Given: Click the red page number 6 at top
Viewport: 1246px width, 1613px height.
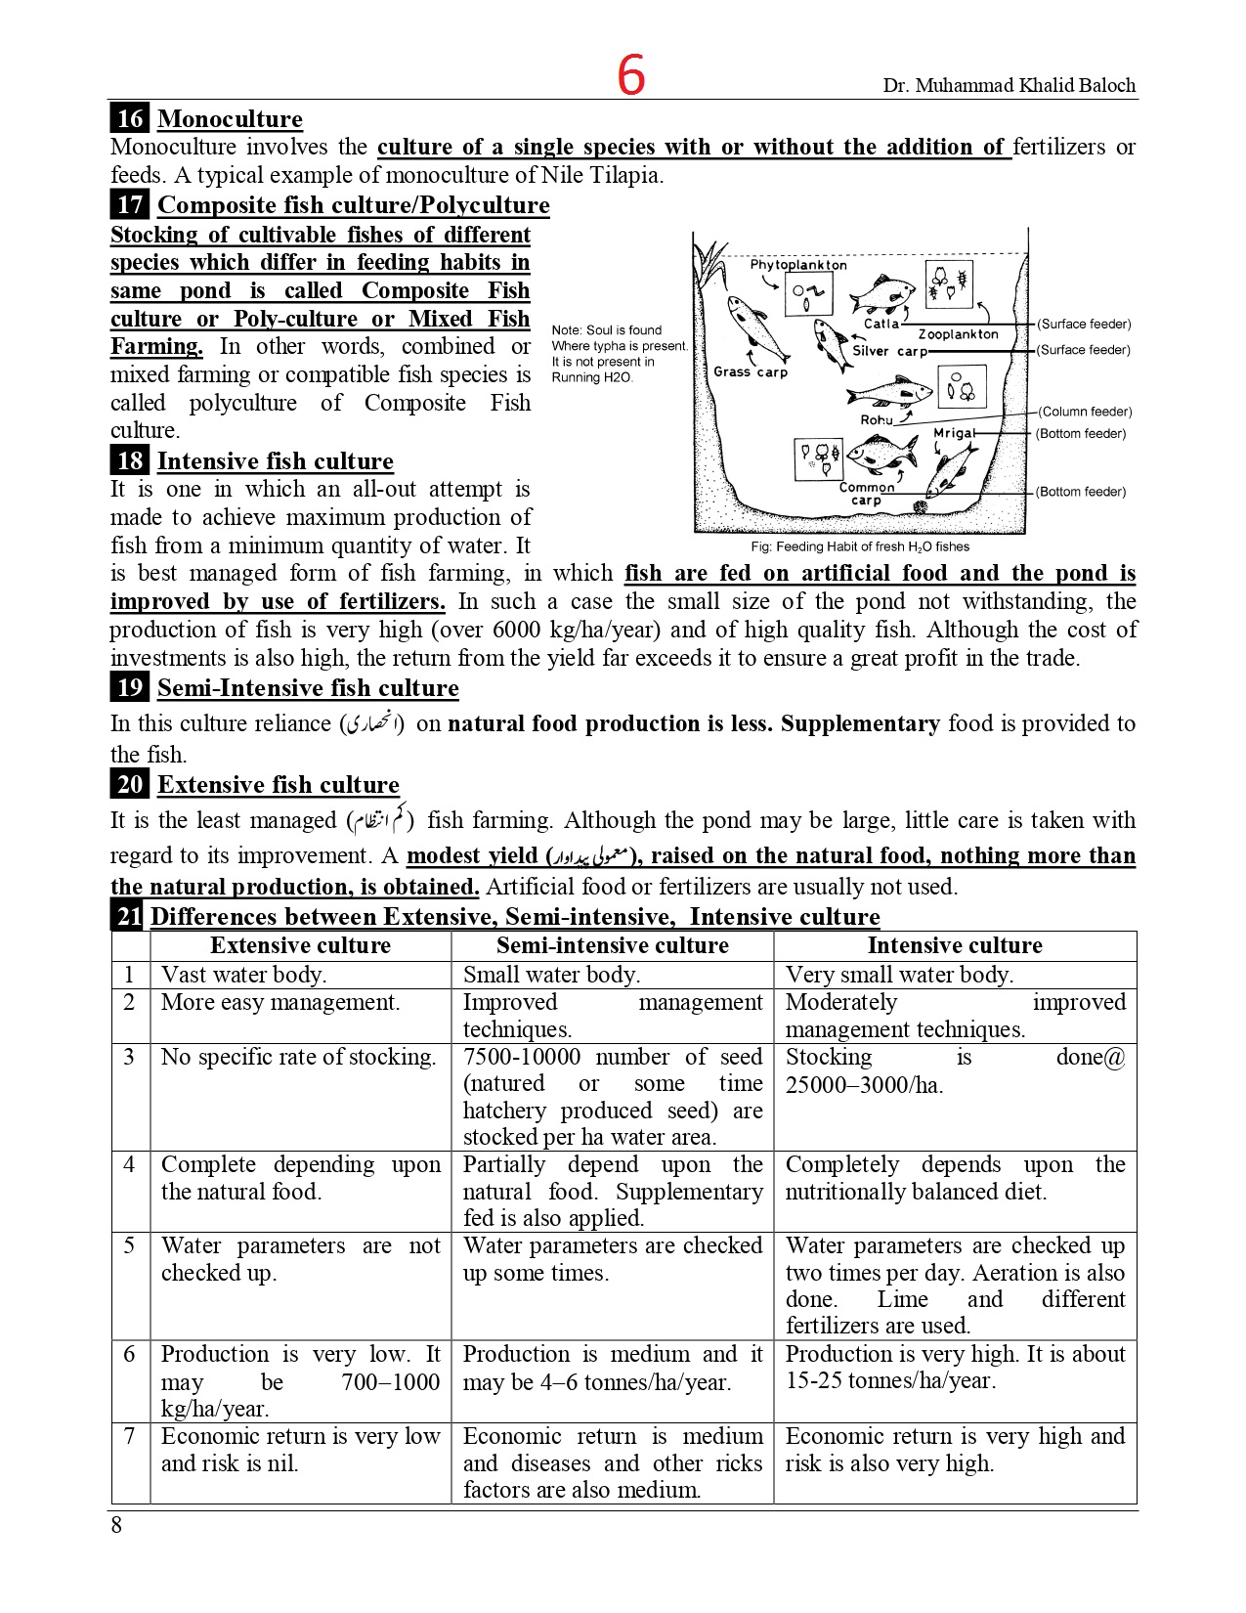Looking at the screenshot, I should tap(631, 75).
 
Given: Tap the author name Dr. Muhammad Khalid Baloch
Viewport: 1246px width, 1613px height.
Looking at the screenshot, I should tap(1009, 86).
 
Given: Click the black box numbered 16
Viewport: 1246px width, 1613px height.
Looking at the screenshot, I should tap(129, 119).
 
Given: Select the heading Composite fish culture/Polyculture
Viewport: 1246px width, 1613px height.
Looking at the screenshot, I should tap(353, 205).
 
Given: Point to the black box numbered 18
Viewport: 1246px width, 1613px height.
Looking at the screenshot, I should tap(129, 461).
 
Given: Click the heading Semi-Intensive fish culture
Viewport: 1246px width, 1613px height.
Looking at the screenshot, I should tap(308, 688).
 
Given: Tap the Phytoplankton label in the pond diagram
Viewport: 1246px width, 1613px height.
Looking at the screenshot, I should tap(797, 265).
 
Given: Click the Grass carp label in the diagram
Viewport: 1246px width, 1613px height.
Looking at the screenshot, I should tap(750, 372).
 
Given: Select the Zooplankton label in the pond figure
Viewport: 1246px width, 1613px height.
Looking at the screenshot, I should tap(958, 334).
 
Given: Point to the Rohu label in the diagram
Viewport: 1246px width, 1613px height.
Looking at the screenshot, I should tap(876, 419).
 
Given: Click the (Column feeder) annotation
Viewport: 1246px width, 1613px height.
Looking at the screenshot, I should tap(1085, 412).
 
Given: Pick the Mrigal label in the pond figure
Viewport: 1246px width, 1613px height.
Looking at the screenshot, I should tap(953, 433).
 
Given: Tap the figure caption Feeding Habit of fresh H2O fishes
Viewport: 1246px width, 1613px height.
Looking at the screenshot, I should tap(860, 547).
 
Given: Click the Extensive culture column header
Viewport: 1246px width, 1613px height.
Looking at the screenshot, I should tap(300, 945).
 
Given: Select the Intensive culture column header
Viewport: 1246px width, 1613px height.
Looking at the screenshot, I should tap(955, 945).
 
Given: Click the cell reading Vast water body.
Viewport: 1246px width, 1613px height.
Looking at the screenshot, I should tap(244, 975).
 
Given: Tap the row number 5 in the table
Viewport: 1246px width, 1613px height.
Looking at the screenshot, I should tap(129, 1246).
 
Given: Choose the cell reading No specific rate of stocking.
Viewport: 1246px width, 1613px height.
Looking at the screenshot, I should tap(298, 1057).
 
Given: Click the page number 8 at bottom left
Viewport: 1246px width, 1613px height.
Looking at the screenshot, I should tap(116, 1525).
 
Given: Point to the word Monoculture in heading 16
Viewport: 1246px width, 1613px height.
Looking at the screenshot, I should tap(230, 119).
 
